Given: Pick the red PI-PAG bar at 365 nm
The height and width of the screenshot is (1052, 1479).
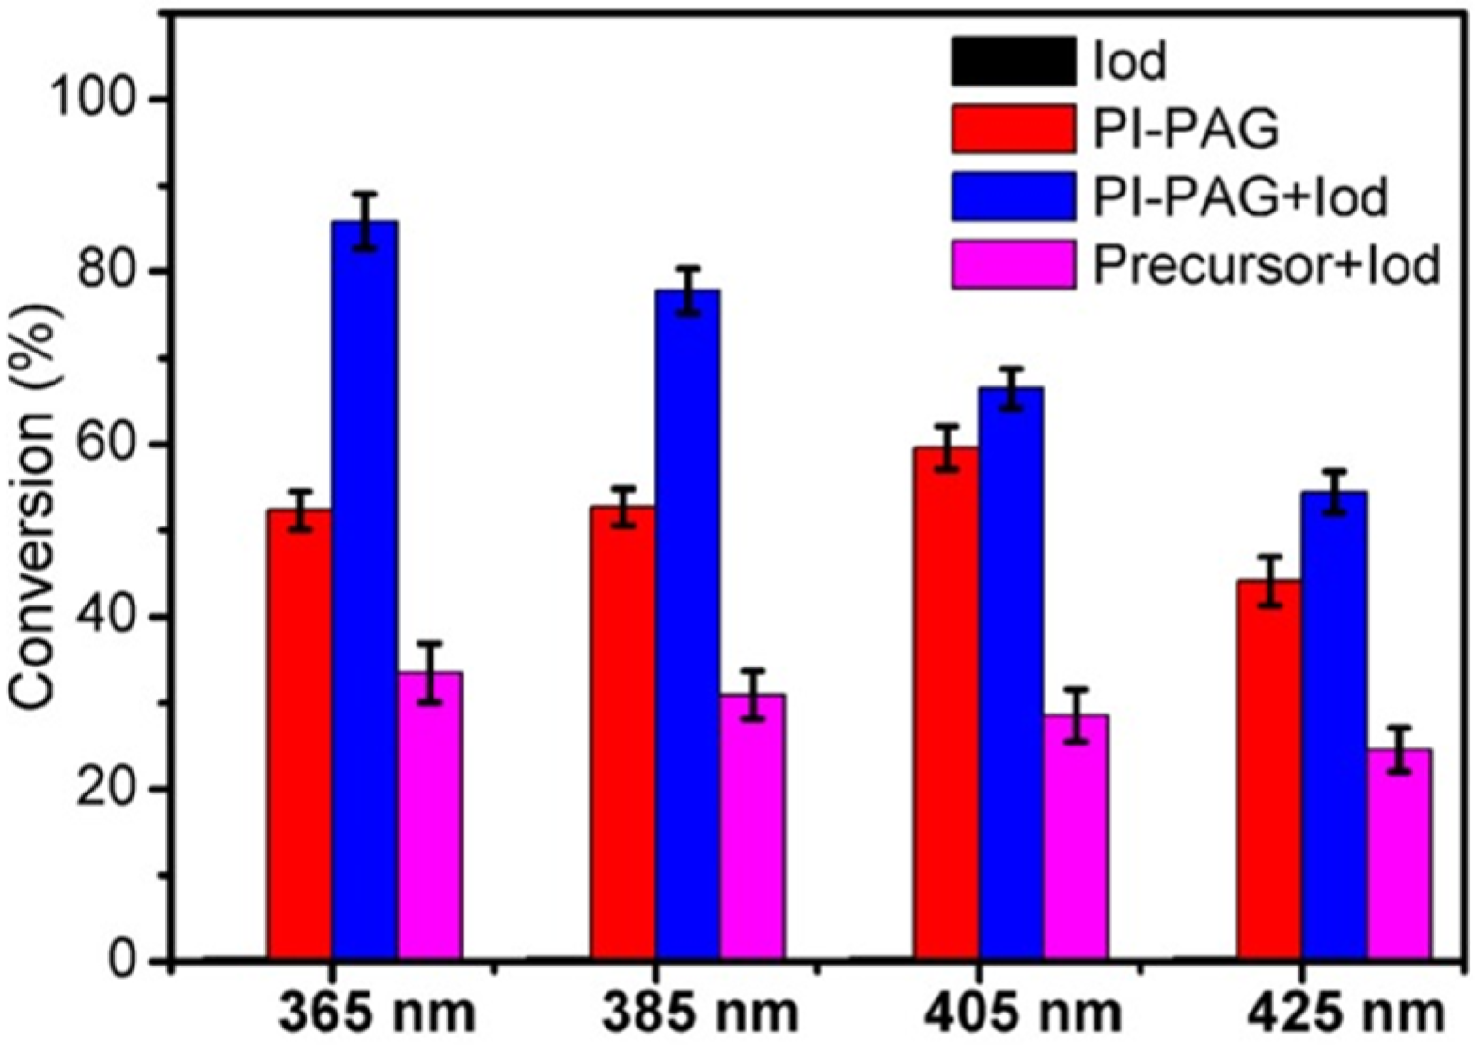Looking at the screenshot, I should click(299, 734).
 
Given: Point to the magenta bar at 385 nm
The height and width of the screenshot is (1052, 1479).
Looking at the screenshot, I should click(752, 827).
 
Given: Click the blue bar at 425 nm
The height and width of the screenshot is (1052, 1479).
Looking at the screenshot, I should click(1334, 725).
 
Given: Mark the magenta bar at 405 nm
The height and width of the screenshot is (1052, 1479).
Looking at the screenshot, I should click(1076, 837).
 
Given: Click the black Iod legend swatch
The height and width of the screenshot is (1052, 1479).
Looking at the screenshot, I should click(1013, 60).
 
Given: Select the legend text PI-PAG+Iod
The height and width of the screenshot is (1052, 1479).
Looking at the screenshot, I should click(1239, 197).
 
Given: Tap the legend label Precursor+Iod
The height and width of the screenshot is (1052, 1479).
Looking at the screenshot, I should click(1265, 267).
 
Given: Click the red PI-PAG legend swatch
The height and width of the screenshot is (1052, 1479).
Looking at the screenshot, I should click(1013, 129).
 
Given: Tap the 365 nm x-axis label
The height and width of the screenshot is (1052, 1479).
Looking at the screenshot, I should click(376, 1014).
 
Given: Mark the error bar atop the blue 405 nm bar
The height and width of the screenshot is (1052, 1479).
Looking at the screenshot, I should click(1011, 387).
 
